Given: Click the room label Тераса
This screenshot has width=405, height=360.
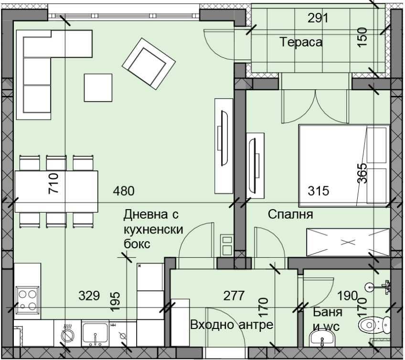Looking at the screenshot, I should tap(301, 42).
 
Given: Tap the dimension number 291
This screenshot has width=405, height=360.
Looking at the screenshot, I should tap(318, 19).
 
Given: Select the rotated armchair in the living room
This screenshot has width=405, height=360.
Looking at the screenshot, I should tap(148, 61).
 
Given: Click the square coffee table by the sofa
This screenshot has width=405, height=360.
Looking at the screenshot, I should tap(98, 87).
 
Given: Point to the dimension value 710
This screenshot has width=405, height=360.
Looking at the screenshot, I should tap(53, 183).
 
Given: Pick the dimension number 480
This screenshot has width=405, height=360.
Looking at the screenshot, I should tap(124, 191).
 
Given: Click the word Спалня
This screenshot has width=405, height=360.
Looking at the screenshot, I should tap(290, 214).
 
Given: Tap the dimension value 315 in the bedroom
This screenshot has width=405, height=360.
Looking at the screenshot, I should tap(318, 191).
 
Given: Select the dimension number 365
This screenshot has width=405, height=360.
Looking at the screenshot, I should tap(362, 174).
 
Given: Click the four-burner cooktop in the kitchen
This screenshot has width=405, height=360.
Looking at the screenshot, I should tap(27, 298).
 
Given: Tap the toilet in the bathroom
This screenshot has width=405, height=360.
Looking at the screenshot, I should tap(370, 325).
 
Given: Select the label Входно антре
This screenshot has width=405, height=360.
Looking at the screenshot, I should tap(231, 325).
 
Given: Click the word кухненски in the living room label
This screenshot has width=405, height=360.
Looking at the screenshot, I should tap(153, 229).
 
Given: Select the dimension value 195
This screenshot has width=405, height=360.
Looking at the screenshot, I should tap(116, 300).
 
